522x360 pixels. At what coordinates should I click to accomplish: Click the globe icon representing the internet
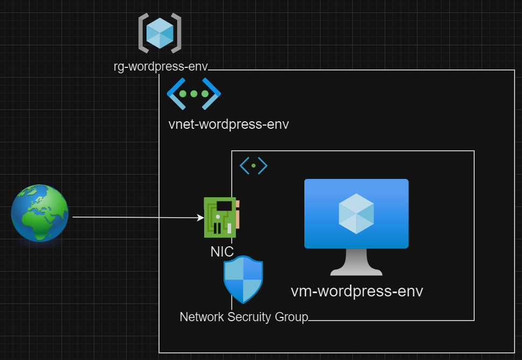[x=40, y=213]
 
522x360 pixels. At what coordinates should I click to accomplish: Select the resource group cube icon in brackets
[x=159, y=33]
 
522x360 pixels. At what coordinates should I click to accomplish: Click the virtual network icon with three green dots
[x=193, y=94]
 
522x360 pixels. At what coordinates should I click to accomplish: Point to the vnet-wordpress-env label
[x=228, y=124]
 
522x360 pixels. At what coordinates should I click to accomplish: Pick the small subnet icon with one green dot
[x=253, y=166]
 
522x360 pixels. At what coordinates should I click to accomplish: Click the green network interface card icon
[x=221, y=217]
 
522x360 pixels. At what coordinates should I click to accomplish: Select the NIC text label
[x=222, y=251]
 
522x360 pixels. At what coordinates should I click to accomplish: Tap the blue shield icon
[x=243, y=279]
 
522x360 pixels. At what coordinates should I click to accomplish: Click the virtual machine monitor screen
[x=356, y=213]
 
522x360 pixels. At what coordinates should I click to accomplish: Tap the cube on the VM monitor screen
[x=356, y=213]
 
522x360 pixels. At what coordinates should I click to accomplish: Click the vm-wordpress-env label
[x=357, y=292]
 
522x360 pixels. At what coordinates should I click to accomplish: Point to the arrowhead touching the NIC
[x=201, y=218]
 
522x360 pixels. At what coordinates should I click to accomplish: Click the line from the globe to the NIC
[x=135, y=217]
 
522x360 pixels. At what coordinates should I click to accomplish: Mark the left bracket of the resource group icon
[x=143, y=33]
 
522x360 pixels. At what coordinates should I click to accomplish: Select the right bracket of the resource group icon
[x=176, y=33]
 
